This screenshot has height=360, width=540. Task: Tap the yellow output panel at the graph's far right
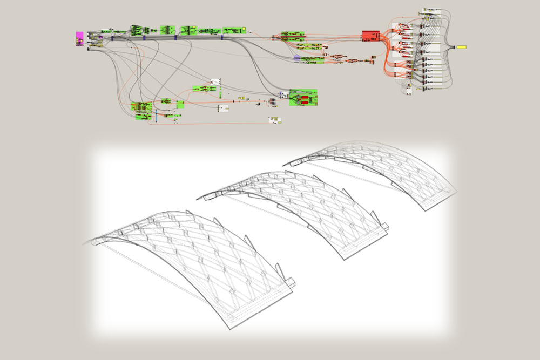tap(462, 47)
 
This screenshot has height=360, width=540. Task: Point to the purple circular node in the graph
tap(296, 56)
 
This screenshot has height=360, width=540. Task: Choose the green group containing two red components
tap(302, 98)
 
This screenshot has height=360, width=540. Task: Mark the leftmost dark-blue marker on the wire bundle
tap(112, 38)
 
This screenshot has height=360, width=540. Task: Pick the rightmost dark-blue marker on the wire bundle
tap(222, 38)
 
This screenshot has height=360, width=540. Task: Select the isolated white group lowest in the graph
tap(275, 120)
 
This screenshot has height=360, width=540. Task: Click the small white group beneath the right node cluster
tap(409, 90)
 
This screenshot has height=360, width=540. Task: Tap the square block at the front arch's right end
tap(290, 282)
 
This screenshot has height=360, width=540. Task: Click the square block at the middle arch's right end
tap(384, 227)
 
